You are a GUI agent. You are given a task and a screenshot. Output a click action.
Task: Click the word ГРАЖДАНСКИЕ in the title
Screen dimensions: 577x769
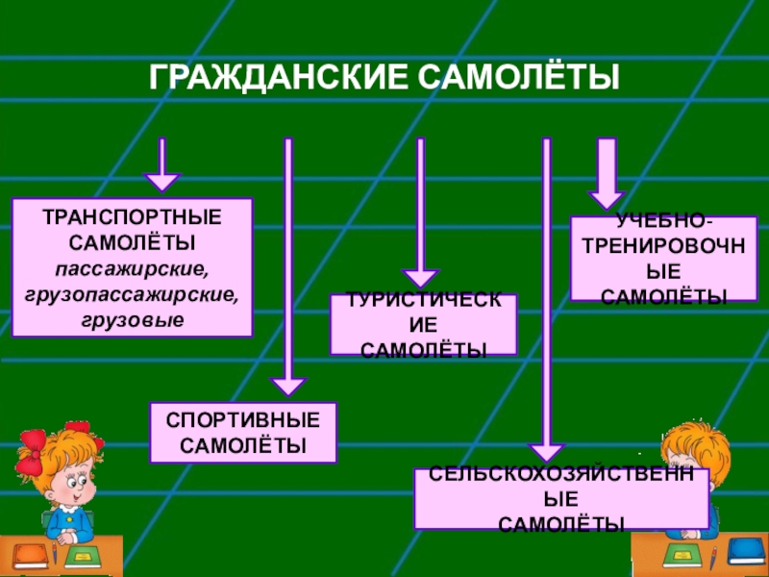[x=269, y=78]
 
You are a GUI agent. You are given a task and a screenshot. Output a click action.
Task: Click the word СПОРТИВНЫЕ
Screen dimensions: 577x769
[x=243, y=421]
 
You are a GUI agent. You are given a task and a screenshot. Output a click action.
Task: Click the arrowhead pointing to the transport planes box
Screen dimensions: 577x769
[x=161, y=181]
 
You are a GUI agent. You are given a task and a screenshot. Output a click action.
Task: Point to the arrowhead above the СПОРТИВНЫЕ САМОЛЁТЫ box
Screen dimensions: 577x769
[x=287, y=387]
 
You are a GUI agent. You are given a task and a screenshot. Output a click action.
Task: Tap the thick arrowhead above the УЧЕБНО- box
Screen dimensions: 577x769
[x=607, y=197]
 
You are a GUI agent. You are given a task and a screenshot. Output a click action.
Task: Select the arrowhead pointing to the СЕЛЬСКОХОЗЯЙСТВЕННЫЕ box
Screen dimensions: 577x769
[x=546, y=452]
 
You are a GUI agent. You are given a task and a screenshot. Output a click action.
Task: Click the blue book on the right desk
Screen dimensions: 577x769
[x=746, y=551]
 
